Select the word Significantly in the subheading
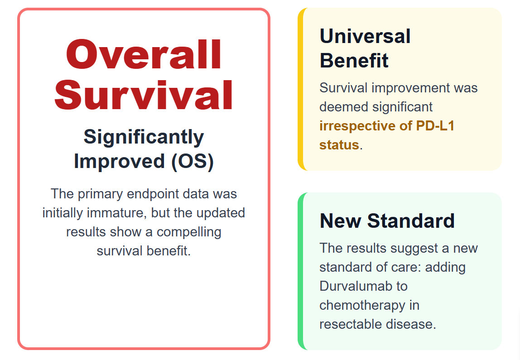pos(144,137)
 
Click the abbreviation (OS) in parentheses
pos(193,162)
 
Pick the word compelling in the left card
pos(189,232)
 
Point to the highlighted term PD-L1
pos(435,125)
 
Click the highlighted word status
pos(339,145)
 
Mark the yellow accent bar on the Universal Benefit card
pos(300,89)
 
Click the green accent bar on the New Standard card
pos(300,271)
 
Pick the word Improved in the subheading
pos(120,162)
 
